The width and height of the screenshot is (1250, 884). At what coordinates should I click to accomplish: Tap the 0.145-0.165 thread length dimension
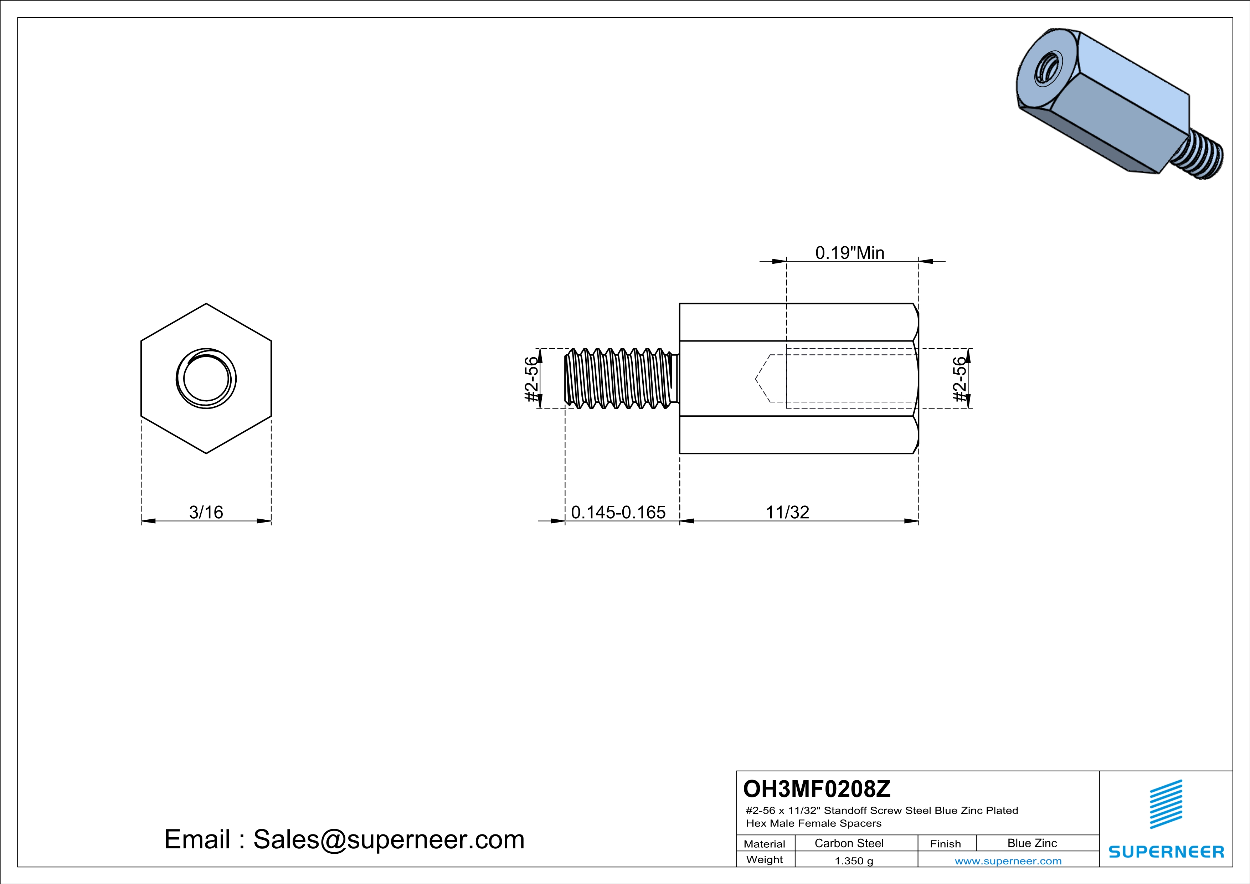[618, 512]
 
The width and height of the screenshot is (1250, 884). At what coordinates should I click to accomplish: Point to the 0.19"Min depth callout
[849, 253]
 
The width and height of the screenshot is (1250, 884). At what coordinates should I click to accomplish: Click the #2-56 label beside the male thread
[531, 379]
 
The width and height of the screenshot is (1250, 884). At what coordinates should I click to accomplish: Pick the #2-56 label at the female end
[960, 379]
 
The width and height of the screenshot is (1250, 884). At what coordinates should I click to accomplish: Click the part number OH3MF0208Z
[817, 788]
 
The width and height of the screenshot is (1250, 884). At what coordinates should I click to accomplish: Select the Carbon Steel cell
[849, 843]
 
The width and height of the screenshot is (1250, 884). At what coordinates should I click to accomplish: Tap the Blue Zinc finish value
[1032, 843]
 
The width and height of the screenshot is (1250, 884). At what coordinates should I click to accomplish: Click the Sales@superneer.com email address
[388, 839]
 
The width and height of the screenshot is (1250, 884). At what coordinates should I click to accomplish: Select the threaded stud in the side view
[619, 378]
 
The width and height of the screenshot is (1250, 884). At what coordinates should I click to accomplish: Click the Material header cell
[765, 844]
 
